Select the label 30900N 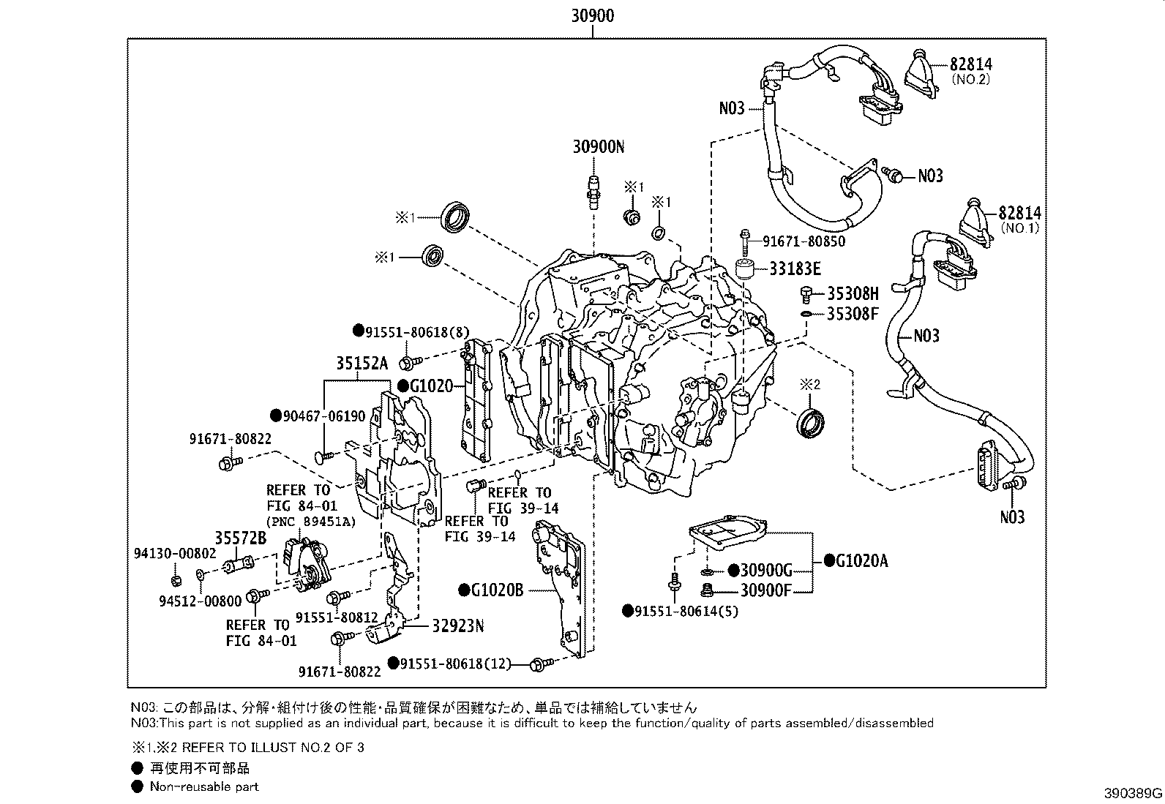click(x=599, y=146)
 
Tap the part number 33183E click(x=795, y=268)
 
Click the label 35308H click(x=853, y=293)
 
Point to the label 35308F click(x=853, y=314)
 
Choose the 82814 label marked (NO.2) click(x=971, y=64)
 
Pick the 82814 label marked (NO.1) click(x=1019, y=213)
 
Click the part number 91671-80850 click(x=803, y=241)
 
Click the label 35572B click(x=240, y=538)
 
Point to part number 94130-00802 click(x=175, y=553)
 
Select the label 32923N click(x=457, y=626)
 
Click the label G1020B click(x=498, y=590)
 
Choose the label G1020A click(x=861, y=561)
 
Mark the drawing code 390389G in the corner click(x=1134, y=793)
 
